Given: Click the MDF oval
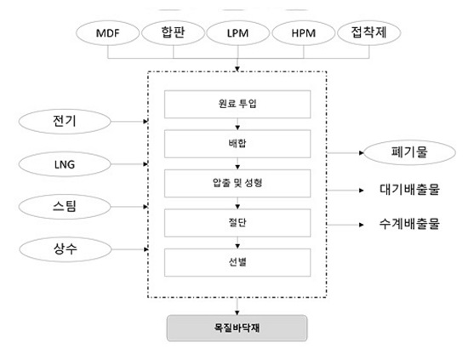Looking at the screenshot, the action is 108,33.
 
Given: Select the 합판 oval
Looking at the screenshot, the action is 173,33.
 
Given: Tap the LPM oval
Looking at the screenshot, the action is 238,33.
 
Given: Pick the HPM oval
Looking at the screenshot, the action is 304,33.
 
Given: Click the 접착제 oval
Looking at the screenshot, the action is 369,33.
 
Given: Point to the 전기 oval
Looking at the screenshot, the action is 65,122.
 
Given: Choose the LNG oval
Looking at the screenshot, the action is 65,164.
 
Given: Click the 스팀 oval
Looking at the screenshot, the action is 65,207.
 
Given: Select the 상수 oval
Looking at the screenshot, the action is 66,249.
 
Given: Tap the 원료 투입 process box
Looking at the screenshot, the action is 237,104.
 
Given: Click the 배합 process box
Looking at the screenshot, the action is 237,144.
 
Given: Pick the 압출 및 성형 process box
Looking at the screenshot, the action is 237,183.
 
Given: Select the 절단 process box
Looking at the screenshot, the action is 237,223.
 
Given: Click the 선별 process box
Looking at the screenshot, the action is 237,262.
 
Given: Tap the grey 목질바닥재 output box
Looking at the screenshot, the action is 237,328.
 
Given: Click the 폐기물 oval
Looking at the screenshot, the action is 409,152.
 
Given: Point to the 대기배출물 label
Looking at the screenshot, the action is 409,190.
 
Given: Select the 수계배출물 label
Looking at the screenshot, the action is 409,224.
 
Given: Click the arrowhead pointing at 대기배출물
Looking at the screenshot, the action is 362,190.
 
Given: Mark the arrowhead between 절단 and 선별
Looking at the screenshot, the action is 237,246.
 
